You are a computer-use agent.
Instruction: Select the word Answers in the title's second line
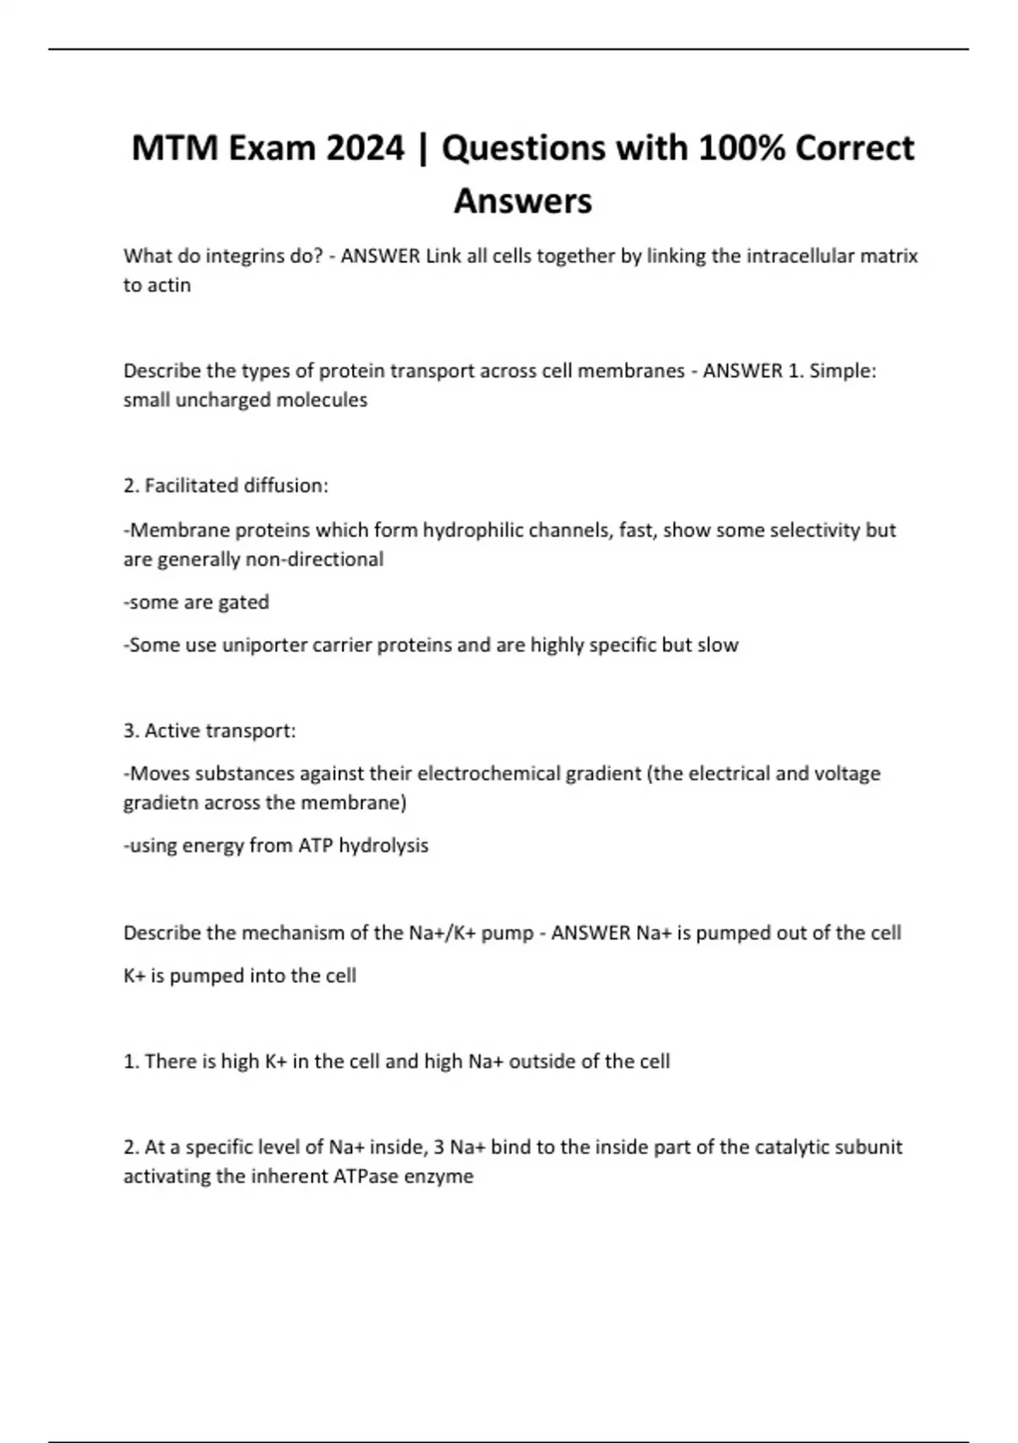(x=523, y=201)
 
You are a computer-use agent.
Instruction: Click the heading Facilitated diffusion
(x=236, y=486)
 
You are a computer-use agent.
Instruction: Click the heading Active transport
(x=220, y=731)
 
